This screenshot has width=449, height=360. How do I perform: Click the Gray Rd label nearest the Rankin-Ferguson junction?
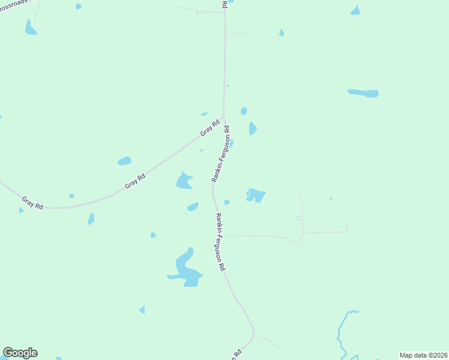[210, 127]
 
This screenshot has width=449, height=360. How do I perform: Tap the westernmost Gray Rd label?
[32, 203]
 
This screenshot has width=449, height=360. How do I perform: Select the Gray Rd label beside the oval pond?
[135, 182]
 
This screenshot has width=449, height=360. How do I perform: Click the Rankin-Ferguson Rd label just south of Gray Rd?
[220, 154]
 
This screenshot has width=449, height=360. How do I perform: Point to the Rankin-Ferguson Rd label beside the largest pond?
[220, 242]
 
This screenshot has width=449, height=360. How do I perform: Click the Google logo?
[20, 353]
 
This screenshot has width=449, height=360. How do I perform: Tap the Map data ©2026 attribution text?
[423, 355]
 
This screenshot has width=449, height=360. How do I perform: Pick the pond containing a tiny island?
[256, 195]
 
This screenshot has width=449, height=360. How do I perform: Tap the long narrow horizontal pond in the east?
[363, 93]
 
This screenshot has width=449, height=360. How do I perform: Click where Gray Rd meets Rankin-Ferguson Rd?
[224, 118]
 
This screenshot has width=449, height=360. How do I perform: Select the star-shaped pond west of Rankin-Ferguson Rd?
[184, 180]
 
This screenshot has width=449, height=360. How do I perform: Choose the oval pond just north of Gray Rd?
[124, 161]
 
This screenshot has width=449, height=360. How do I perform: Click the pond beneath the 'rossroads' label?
[30, 28]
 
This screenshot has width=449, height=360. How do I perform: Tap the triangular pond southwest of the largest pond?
[142, 310]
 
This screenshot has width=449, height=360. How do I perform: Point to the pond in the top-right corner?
[356, 10]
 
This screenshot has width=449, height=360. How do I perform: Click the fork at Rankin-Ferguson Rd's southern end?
[254, 331]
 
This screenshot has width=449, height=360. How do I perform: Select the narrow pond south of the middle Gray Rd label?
[91, 219]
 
